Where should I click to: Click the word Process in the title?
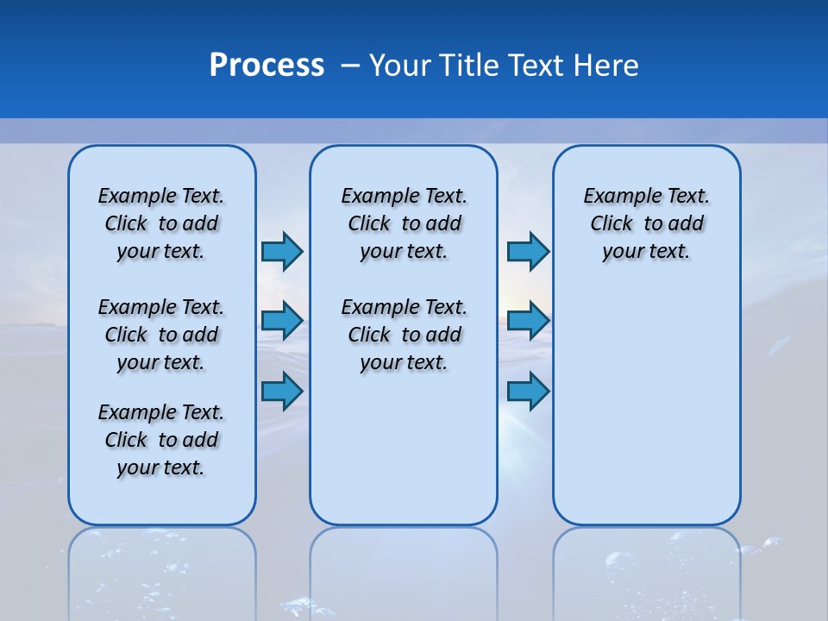pos(267,66)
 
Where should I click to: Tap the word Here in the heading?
pos(607,66)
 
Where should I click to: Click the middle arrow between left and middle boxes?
pos(281,321)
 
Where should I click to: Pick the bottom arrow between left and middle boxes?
pos(281,392)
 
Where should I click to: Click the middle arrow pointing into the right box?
pos(528,321)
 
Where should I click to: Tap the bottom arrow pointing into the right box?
pos(528,392)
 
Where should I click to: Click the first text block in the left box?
pos(161,223)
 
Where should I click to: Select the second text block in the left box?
pos(161,335)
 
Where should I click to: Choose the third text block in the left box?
pos(161,440)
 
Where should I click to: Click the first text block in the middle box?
pos(404,223)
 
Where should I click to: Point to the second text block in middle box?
pos(404,335)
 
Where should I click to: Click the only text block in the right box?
pos(647,223)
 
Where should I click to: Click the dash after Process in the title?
pos(351,66)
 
